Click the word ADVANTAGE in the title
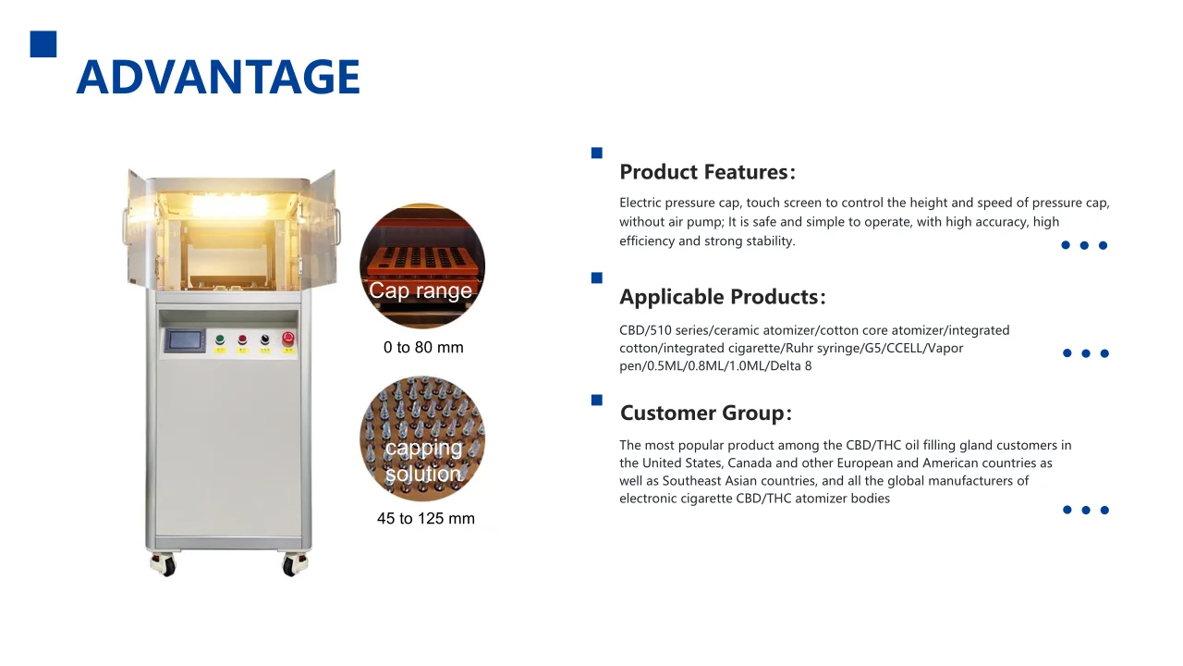point(218,78)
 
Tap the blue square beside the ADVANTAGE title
point(43,44)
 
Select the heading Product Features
point(706,172)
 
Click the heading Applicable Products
point(722,297)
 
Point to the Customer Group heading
point(705,413)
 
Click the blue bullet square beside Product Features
point(597,153)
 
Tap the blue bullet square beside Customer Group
point(597,400)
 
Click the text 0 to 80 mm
point(423,348)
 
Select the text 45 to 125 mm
point(426,519)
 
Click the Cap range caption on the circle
point(421,290)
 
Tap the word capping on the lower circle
point(423,449)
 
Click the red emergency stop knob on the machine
point(287,339)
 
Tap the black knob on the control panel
point(265,340)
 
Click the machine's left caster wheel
point(166,564)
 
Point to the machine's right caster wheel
point(293,563)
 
